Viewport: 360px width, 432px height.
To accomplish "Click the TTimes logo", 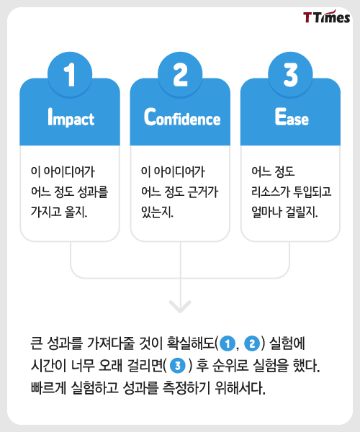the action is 327,17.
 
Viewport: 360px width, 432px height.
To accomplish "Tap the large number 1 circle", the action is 70,74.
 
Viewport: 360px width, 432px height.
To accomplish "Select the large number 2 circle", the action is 180,74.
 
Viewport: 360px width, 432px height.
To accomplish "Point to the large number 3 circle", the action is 290,74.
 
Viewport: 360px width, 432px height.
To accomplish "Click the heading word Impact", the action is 71,117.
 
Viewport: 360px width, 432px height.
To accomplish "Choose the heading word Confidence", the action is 182,117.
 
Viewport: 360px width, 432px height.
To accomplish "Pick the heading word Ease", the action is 292,117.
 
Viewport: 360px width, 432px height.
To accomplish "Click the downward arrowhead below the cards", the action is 180,307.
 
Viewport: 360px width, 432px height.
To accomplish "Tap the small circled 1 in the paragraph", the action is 228,343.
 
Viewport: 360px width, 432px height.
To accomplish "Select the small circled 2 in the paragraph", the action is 252,343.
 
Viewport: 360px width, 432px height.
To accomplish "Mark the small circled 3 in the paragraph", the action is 178,366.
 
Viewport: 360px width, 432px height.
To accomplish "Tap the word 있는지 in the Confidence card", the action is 157,212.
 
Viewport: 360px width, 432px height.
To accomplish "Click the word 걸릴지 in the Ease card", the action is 302,212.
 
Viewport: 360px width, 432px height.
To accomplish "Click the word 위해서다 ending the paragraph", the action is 240,388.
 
